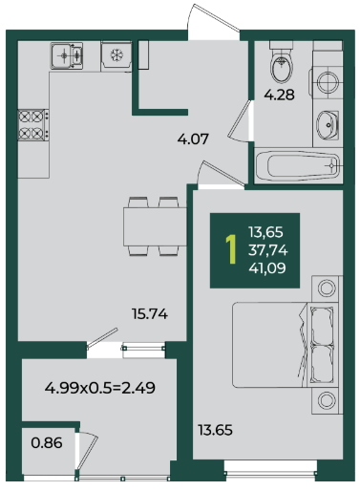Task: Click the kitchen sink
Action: [x=67, y=55]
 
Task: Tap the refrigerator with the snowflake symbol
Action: [x=116, y=55]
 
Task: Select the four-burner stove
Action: [x=33, y=125]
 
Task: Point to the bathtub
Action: [x=299, y=165]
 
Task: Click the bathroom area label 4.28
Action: [x=280, y=95]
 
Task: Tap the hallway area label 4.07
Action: [x=193, y=139]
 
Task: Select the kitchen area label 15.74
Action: [x=150, y=314]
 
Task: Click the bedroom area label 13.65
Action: [x=216, y=430]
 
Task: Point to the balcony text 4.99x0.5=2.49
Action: [x=100, y=388]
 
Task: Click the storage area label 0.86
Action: [x=47, y=443]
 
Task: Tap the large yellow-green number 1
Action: [x=231, y=249]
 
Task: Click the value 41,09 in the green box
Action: [x=267, y=268]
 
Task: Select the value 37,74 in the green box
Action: [x=268, y=250]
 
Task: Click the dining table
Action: [x=155, y=226]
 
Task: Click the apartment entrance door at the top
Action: [x=214, y=22]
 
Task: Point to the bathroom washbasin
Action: [x=328, y=125]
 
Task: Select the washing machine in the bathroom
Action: [x=328, y=81]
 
